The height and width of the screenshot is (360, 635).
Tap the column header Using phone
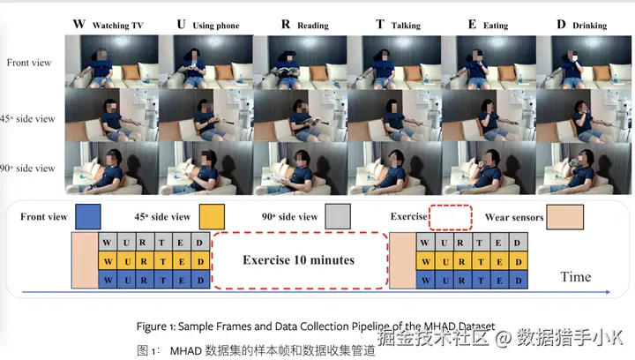(208, 25)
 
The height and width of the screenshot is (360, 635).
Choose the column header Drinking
(582, 25)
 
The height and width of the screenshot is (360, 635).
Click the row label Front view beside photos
(29, 63)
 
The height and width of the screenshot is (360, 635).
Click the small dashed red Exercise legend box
(450, 216)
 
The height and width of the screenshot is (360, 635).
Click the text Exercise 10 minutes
(299, 260)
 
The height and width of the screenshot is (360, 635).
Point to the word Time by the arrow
(575, 277)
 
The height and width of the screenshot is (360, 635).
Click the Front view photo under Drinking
(580, 59)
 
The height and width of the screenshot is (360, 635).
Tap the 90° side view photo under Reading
(300, 168)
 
